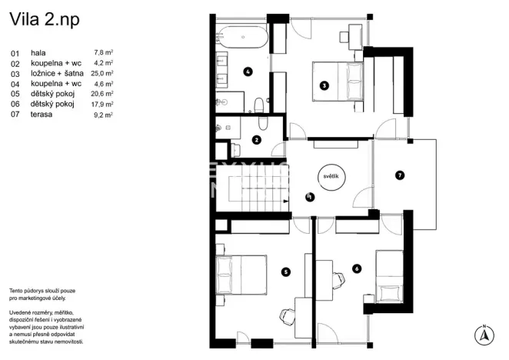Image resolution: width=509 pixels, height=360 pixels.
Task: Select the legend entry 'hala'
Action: [39, 52]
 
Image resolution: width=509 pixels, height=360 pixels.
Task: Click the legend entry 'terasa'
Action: [42, 115]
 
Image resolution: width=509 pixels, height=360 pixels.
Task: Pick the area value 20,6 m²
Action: [104, 94]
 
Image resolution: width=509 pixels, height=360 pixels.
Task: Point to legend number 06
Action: [15, 105]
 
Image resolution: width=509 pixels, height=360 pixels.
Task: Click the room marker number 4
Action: [248, 72]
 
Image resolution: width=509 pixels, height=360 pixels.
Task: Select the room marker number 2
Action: [257, 140]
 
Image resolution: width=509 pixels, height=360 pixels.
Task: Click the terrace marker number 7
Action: [399, 175]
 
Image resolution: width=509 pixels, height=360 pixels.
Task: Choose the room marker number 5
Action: [285, 271]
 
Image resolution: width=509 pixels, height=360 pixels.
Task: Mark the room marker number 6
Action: [356, 268]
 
